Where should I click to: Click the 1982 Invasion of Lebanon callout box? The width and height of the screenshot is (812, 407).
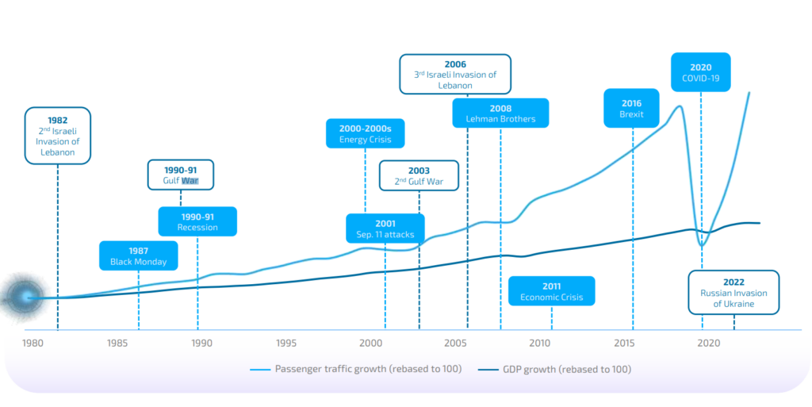coord(57,136)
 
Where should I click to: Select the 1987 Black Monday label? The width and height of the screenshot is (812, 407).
coord(139,255)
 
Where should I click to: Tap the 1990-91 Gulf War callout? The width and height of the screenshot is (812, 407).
coord(181,175)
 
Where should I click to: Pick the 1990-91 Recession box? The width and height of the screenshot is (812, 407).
coord(197,221)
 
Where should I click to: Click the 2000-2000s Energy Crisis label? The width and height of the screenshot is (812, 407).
coord(365,133)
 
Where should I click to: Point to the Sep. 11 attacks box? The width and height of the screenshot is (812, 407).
coord(385,228)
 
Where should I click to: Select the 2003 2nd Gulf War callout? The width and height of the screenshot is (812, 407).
coord(419,176)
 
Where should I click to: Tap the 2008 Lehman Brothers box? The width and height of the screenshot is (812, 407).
coord(500,113)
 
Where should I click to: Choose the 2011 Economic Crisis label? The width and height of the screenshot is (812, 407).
coord(551,291)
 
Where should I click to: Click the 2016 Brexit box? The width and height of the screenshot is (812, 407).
coord(632,109)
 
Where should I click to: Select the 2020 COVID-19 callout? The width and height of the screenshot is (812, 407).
coord(700,73)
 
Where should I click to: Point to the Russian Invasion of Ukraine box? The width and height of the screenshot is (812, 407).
coord(733,292)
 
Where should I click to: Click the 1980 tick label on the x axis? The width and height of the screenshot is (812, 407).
coord(33,344)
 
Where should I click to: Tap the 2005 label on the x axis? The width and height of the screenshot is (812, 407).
coord(455,344)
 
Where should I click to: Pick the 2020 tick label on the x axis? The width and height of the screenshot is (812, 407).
coord(708,344)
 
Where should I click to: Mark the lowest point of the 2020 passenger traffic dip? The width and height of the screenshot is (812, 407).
coord(701,245)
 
